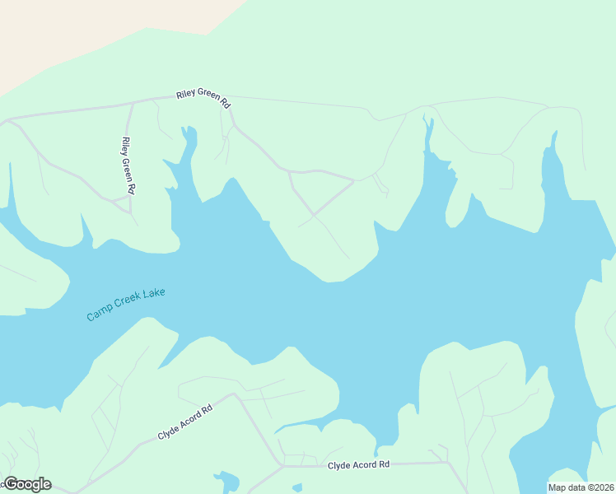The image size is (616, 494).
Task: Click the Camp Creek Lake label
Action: pos(126,305)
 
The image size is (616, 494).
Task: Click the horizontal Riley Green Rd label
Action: pos(203,98)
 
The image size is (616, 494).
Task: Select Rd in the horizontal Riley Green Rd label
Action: pos(225,104)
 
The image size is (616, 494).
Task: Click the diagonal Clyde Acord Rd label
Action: pos(185,422)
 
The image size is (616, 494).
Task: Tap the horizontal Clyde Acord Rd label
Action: pos(358,465)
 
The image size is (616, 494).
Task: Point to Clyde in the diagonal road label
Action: pos(169,431)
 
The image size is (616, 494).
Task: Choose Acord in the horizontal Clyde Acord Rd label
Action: pos(362,465)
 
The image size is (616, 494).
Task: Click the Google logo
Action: pos(27,484)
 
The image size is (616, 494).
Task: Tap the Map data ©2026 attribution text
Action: pos(581,487)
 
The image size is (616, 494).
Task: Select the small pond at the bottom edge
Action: pos(226,482)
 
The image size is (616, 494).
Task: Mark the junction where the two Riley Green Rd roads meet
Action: pos(133,103)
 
